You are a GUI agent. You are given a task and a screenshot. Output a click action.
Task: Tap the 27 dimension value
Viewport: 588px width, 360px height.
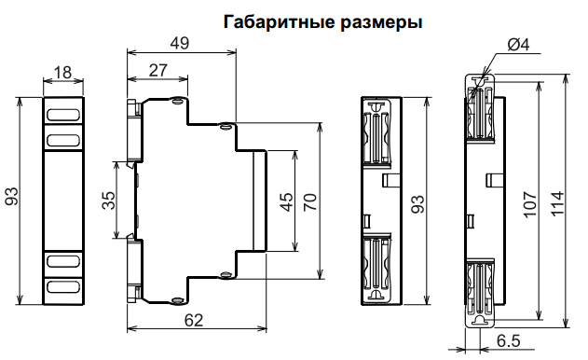[x=157, y=69]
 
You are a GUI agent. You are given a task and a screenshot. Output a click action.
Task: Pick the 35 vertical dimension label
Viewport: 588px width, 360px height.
[x=108, y=199]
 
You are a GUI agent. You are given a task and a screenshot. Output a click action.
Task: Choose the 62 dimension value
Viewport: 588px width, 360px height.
[x=193, y=320]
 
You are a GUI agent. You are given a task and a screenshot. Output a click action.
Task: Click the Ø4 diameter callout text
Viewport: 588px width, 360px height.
[x=518, y=45]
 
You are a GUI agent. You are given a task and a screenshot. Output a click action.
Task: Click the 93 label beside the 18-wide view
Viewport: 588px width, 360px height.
[x=12, y=199]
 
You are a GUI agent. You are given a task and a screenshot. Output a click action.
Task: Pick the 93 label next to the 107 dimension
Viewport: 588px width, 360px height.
[x=418, y=200]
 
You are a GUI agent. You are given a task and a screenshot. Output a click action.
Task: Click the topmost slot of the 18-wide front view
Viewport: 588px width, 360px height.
[x=63, y=116]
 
